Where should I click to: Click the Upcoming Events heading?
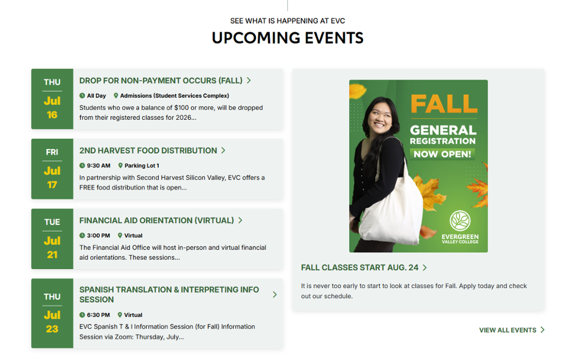288,38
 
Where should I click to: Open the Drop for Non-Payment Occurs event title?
161,80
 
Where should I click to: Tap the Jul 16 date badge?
52,99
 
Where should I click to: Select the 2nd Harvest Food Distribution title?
148,150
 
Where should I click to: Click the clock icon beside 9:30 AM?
83,166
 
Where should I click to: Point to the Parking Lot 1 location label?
142,166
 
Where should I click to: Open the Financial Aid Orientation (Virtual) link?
157,220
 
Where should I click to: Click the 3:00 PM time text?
98,236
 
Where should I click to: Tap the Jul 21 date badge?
52,239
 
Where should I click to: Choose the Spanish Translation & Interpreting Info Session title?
170,294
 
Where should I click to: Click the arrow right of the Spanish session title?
275,294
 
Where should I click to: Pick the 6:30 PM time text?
98,315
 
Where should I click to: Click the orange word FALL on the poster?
444,104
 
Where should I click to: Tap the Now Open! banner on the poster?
442,154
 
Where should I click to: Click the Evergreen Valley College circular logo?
460,221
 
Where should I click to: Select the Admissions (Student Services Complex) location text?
175,96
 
